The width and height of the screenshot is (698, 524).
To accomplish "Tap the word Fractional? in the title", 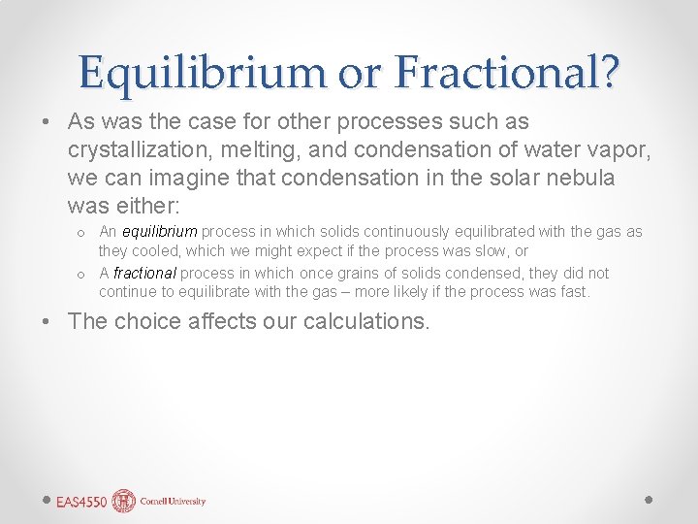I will coord(501,72).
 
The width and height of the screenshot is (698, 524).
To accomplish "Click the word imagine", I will coord(204,180).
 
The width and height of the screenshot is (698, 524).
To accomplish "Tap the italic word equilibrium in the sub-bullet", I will coord(160,232).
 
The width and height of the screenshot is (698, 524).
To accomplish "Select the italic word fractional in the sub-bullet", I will coord(144,274).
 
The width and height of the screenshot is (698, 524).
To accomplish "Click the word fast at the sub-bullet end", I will coord(574,291).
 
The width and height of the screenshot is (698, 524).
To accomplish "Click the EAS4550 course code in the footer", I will coord(80,502).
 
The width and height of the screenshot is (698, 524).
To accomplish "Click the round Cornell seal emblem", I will coord(123,501).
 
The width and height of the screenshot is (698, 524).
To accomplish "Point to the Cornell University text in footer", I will coord(173,502).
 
